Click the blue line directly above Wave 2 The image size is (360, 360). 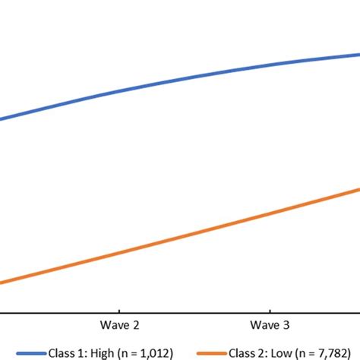coord(120,92)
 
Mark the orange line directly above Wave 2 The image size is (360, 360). coord(120,254)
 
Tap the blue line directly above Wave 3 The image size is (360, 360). coord(270,65)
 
